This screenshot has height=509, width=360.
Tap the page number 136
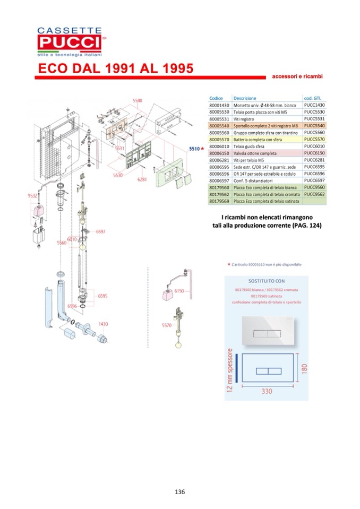click(179, 491)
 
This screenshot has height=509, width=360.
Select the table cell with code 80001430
click(219, 105)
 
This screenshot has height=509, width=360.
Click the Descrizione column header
click(244, 98)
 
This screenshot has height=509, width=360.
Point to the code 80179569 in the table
click(219, 202)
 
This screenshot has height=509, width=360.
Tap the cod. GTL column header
click(313, 98)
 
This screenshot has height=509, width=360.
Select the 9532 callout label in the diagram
click(33, 196)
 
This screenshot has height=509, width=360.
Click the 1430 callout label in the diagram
click(103, 324)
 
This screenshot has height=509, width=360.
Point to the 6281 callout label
click(141, 179)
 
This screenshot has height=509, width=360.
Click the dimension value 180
click(304, 368)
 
